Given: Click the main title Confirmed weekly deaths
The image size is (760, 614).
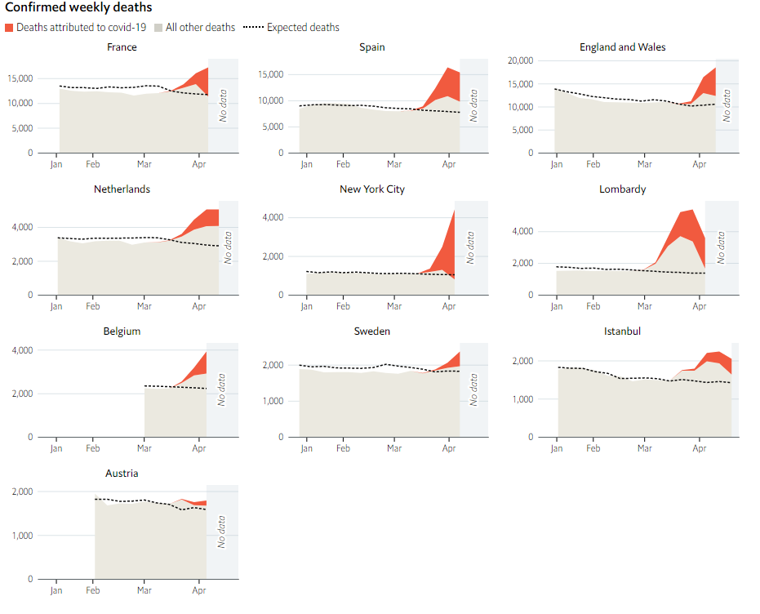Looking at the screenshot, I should click(x=78, y=7).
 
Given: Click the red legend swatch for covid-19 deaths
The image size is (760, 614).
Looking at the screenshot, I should click(x=9, y=28).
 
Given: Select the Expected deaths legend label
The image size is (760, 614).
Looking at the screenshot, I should click(x=303, y=28).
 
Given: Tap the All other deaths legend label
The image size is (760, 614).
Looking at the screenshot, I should click(x=200, y=28).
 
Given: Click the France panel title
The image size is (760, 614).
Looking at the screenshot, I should click(x=122, y=47).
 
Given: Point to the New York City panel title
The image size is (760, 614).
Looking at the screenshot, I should click(x=372, y=189).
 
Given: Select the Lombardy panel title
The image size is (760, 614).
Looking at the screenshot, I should click(x=622, y=189).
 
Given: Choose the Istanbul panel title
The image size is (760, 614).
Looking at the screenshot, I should click(x=622, y=331).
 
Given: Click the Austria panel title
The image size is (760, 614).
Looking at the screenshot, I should click(x=122, y=474).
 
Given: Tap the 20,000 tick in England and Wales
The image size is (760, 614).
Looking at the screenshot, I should click(x=520, y=61).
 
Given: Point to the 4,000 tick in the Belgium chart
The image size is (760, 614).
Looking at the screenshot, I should click(x=21, y=350).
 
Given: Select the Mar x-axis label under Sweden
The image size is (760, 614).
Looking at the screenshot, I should click(x=394, y=449).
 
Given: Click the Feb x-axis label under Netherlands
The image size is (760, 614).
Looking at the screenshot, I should click(x=93, y=307).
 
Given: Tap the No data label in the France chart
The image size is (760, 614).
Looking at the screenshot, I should click(x=223, y=105).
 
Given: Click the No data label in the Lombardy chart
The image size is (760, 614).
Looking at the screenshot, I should click(x=721, y=247).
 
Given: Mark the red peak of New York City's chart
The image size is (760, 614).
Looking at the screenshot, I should click(x=453, y=211).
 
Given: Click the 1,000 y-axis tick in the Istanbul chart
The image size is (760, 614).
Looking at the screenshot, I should click(x=522, y=399).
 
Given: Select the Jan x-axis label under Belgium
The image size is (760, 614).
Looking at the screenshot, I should click(x=56, y=449).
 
